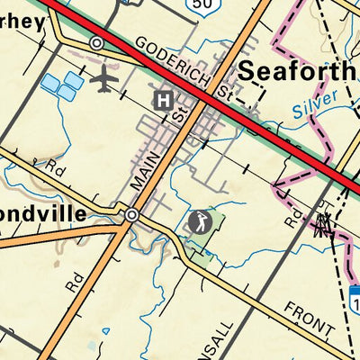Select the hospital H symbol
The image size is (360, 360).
point(163,100)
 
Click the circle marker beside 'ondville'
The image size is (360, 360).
point(132,215)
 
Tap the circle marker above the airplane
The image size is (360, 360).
point(96,43)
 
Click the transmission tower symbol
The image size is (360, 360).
point(322,221)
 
